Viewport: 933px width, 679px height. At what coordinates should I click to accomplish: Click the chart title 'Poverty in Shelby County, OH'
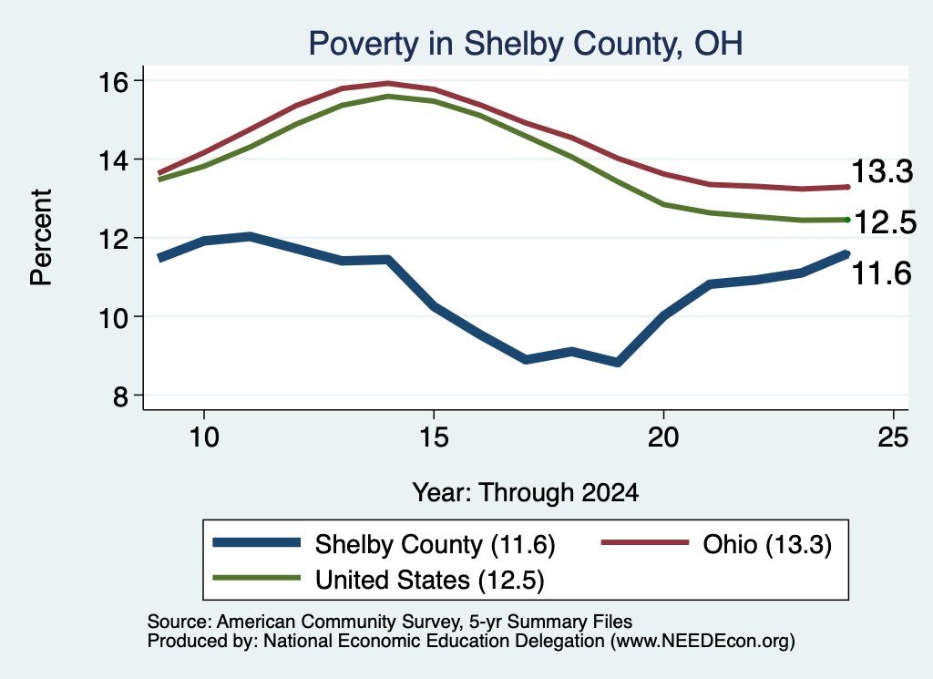(526, 44)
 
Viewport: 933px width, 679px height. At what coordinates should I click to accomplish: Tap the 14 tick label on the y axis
(113, 160)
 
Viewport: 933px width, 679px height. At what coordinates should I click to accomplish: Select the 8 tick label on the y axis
(120, 396)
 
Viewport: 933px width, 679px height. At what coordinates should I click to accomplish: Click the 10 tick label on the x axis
(204, 438)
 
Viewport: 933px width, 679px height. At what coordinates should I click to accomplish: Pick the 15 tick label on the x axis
(434, 438)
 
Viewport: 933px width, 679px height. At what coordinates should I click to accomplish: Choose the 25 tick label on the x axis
(893, 438)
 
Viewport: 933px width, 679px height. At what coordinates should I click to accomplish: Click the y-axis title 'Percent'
(42, 238)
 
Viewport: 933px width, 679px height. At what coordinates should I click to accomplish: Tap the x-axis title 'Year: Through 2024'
(526, 493)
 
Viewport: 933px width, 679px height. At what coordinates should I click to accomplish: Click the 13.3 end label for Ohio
(882, 171)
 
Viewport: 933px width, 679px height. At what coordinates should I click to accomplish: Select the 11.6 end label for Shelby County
(882, 273)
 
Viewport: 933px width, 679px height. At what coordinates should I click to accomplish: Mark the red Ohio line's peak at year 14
(388, 83)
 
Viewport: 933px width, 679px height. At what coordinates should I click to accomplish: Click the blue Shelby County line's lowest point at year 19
(618, 362)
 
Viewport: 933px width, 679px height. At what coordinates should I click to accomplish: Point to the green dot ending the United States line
(847, 220)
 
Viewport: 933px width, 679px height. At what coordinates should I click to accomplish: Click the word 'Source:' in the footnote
(179, 622)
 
